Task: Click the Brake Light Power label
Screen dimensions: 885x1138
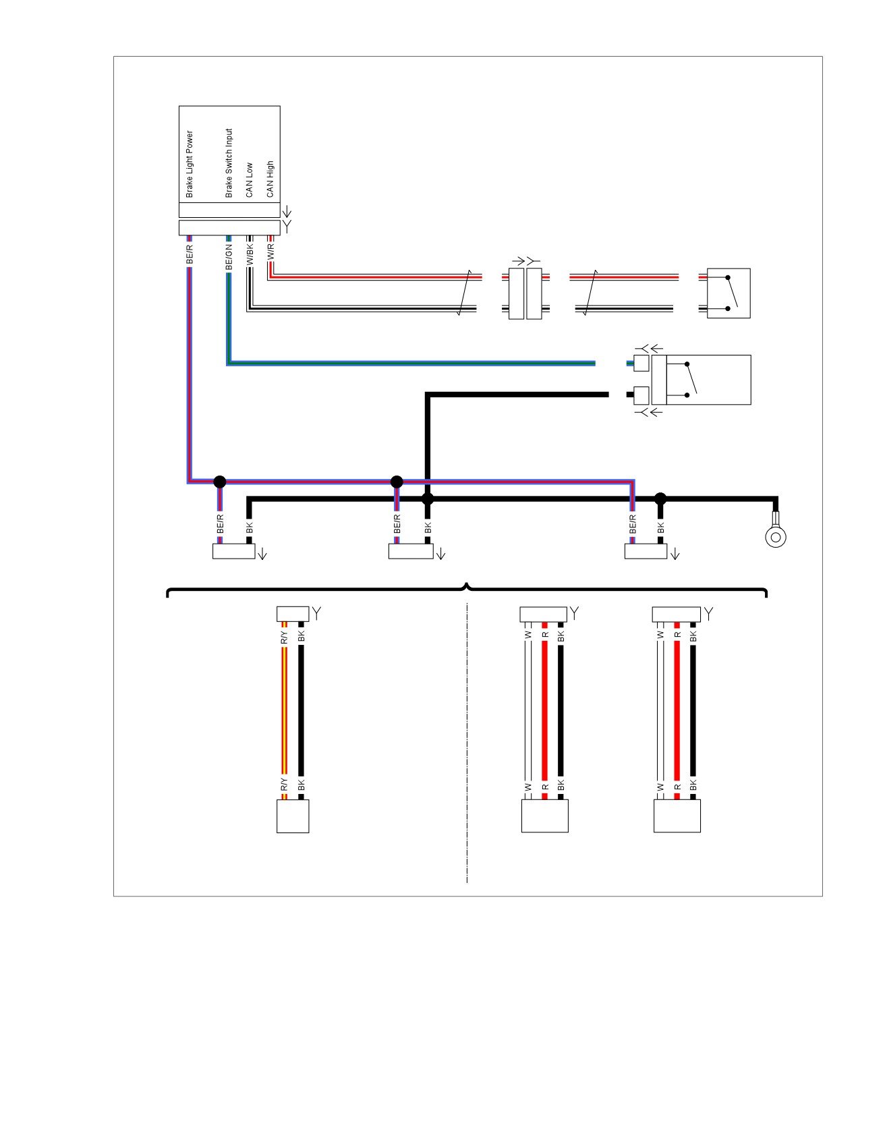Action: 190,164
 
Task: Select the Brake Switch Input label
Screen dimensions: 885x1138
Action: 229,163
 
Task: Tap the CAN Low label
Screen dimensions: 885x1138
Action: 249,179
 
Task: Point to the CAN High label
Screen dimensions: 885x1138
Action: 270,179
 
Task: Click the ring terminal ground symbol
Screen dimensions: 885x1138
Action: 775,536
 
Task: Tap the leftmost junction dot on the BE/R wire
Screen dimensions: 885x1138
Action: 219,482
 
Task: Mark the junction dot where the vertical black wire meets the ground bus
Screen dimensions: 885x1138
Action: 428,499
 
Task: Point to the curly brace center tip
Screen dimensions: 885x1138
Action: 467,584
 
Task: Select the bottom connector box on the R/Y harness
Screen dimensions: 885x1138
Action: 293,816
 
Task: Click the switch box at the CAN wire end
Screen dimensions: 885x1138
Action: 729,293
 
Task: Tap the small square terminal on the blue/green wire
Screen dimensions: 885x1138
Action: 641,363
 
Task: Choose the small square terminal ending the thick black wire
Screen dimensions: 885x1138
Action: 641,395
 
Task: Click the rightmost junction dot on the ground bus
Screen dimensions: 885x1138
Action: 660,499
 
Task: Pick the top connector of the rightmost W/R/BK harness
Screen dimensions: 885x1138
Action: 677,615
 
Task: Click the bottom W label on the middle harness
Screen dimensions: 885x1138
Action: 528,787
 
